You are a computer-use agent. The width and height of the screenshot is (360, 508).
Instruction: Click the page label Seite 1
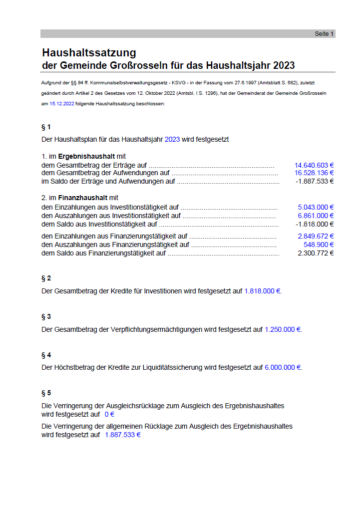[324, 34]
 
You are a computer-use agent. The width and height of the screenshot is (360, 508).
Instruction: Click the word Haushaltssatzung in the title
[89, 53]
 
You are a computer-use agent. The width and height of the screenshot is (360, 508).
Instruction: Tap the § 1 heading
[46, 127]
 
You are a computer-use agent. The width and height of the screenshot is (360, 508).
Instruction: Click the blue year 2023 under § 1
[172, 140]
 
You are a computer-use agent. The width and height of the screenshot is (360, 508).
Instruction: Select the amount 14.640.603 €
[314, 165]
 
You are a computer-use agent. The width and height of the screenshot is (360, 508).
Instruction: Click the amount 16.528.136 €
[314, 173]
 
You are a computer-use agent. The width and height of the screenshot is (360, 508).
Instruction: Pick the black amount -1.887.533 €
[315, 181]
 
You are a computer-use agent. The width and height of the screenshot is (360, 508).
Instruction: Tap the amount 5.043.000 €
[316, 207]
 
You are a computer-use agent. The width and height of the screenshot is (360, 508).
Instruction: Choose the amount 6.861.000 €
[316, 216]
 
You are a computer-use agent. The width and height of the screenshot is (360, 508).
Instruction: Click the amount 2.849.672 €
[316, 236]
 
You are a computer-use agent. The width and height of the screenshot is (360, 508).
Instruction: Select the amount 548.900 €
[319, 245]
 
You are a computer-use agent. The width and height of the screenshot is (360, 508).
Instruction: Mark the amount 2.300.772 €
[316, 253]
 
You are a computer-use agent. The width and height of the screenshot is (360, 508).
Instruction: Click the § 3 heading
[46, 316]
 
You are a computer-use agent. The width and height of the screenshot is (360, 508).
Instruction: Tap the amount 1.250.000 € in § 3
[283, 329]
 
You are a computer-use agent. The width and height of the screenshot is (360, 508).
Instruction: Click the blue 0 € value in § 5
[109, 414]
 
